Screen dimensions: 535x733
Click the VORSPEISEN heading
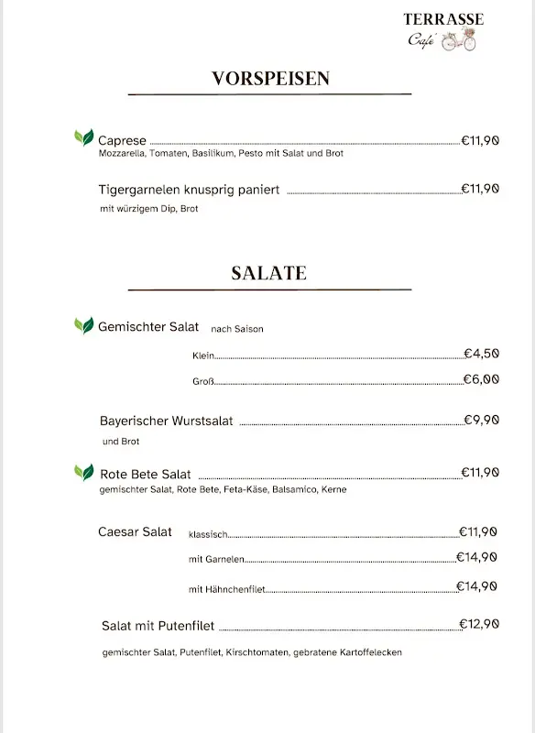click(x=270, y=79)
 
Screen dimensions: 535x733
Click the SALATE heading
click(x=268, y=273)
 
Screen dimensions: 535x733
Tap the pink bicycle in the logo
click(x=459, y=41)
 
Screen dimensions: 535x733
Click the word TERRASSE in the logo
click(x=443, y=19)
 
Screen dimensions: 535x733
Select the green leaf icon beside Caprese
click(x=83, y=138)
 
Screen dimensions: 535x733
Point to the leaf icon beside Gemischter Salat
click(x=83, y=325)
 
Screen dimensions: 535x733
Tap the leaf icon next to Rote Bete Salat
click(x=83, y=473)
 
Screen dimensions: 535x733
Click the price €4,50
click(x=481, y=353)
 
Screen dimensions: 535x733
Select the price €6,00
click(x=481, y=378)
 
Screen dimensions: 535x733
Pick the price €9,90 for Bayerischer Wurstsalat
click(x=481, y=420)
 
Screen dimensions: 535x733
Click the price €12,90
click(x=478, y=624)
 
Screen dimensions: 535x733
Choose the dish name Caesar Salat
click(x=135, y=532)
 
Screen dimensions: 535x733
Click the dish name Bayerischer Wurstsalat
click(x=166, y=421)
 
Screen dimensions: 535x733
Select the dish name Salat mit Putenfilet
click(x=158, y=626)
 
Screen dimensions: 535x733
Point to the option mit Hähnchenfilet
click(x=226, y=589)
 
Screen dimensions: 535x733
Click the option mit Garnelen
click(x=216, y=559)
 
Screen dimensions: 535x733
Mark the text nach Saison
click(x=236, y=329)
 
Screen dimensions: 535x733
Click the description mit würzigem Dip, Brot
click(x=149, y=209)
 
